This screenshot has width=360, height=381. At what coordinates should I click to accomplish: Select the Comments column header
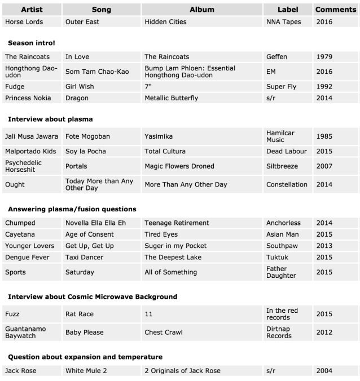[335, 10]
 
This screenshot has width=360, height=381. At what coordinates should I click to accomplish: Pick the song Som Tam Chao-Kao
[97, 72]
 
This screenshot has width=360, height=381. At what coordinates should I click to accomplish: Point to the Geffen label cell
[276, 57]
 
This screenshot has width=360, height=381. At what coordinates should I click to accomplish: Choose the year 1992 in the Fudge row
[324, 87]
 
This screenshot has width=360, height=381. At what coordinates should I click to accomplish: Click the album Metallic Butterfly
[171, 98]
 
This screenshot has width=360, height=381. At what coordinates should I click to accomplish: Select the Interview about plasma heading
[50, 119]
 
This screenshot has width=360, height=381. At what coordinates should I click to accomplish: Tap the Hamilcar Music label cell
[280, 136]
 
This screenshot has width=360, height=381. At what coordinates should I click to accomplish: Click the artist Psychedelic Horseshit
[25, 166]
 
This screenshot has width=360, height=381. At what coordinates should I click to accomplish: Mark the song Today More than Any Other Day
[99, 184]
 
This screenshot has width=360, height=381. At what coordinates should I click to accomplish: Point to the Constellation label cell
[287, 184]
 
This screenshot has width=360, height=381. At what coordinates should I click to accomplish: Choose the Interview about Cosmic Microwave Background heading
[93, 296]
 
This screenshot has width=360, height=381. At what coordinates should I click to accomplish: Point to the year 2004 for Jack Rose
[324, 370]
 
